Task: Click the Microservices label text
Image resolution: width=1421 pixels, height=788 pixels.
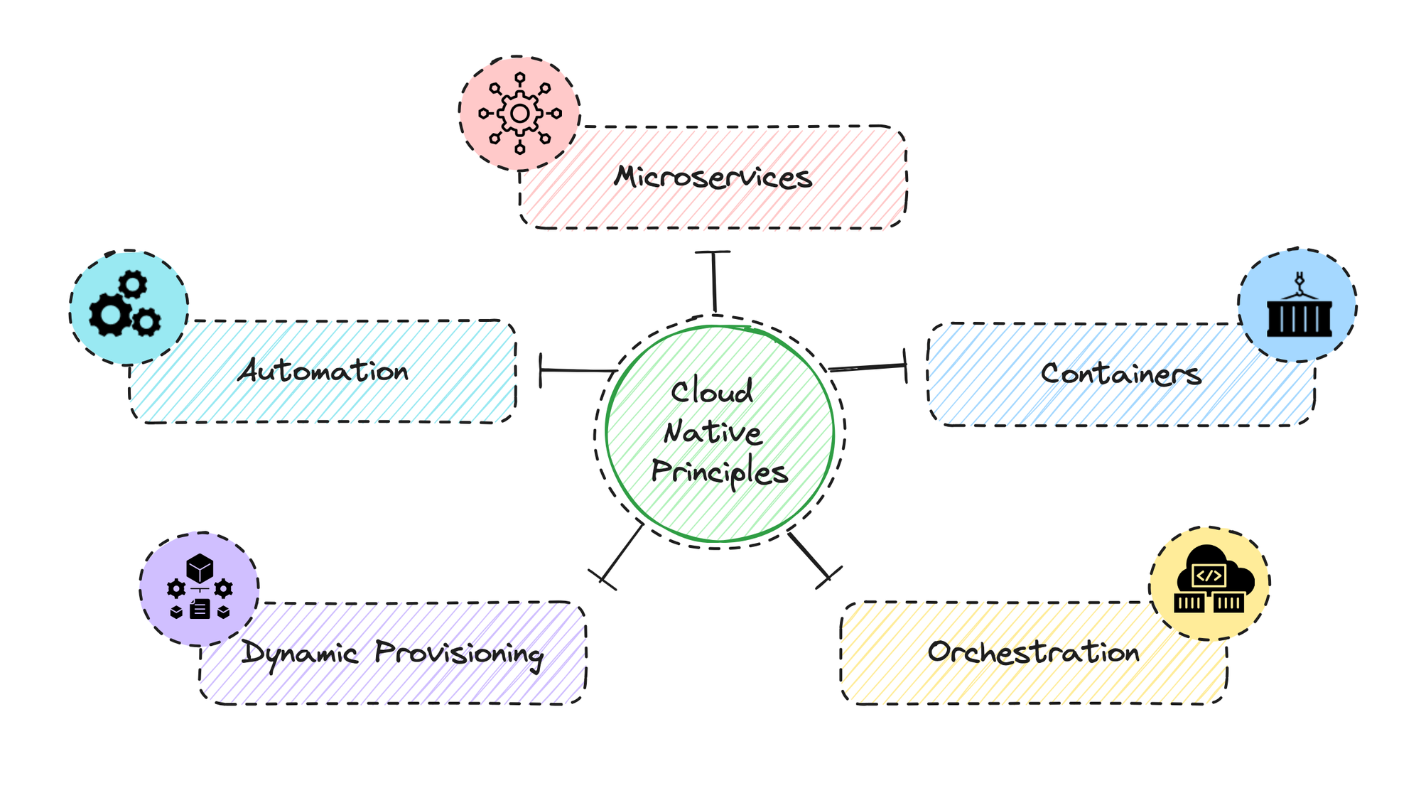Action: pyautogui.click(x=713, y=177)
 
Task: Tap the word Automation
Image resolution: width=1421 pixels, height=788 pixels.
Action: pyautogui.click(x=323, y=370)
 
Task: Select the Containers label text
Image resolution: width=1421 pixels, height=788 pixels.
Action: pyautogui.click(x=1121, y=374)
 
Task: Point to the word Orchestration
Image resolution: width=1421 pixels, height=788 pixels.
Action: pyautogui.click(x=1034, y=652)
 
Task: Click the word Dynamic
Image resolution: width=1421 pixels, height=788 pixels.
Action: pyautogui.click(x=299, y=653)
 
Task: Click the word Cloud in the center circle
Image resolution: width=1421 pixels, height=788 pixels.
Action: pyautogui.click(x=712, y=392)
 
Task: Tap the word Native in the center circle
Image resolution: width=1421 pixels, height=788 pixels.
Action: pyautogui.click(x=713, y=432)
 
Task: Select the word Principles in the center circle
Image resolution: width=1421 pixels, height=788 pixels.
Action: pyautogui.click(x=720, y=473)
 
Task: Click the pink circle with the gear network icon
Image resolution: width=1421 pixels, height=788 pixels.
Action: pyautogui.click(x=519, y=113)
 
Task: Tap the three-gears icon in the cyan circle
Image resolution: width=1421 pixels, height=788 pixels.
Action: pyautogui.click(x=124, y=304)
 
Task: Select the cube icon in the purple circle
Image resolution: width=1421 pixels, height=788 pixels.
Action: pyautogui.click(x=200, y=568)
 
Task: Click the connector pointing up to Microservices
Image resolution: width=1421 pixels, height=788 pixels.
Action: pyautogui.click(x=714, y=281)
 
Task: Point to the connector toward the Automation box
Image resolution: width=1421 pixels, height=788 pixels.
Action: pyautogui.click(x=578, y=370)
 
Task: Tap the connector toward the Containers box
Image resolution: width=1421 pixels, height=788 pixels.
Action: pyautogui.click(x=868, y=367)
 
